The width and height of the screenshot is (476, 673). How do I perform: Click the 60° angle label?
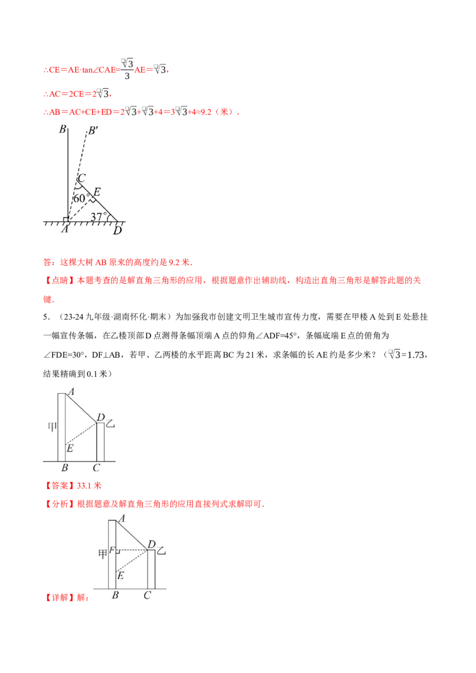tap(82, 198)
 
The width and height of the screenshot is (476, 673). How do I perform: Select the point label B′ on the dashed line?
tap(93, 131)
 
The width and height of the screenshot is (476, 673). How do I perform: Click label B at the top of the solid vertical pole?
tap(62, 130)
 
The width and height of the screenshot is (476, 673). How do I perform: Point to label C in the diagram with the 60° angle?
tap(82, 178)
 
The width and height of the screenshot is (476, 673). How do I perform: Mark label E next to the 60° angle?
tap(97, 191)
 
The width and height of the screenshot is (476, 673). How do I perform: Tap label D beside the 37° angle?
tap(117, 231)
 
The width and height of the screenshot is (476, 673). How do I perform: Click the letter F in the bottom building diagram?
tap(112, 550)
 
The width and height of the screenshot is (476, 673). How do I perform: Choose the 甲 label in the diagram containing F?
tap(102, 554)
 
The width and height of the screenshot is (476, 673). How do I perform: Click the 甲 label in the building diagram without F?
tap(51, 426)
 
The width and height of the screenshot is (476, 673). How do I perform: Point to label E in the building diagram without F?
tap(70, 448)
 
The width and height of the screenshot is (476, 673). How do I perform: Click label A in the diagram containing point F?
tap(122, 519)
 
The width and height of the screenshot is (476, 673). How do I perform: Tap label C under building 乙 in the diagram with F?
tap(147, 594)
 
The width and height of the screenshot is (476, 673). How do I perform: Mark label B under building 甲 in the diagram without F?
tap(64, 468)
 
